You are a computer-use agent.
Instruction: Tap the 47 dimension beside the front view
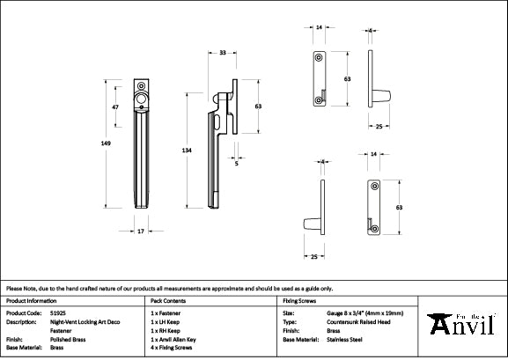coord(115,107)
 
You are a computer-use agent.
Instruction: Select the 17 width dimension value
coord(141,231)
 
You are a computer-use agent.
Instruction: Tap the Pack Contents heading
coord(169,301)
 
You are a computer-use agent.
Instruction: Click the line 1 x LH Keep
coord(168,321)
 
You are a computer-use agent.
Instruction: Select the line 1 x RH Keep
coord(168,330)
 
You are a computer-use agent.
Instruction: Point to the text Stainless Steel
coord(344,339)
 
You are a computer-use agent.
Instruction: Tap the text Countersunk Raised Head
coord(357,321)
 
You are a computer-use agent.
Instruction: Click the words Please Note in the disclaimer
coord(18,288)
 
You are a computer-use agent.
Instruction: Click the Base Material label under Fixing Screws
coord(300,339)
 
